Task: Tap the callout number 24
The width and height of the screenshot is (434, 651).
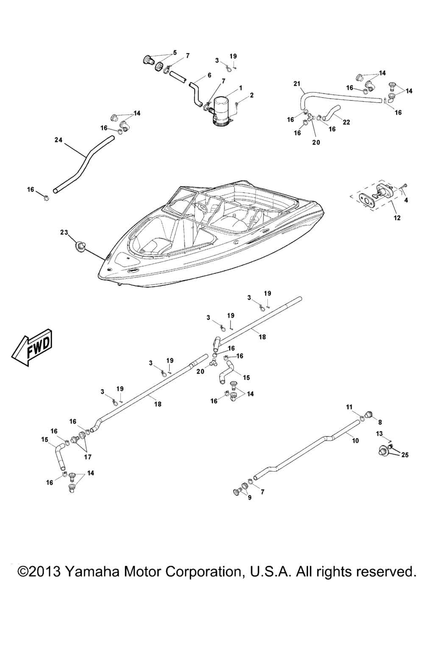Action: pos(58,140)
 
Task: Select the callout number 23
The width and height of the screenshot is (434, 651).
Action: pos(64,232)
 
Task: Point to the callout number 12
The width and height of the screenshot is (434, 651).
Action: pos(397,218)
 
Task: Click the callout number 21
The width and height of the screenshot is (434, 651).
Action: pos(297,83)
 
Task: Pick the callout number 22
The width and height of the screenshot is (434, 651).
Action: pos(346,122)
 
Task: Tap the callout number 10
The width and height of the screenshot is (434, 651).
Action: pos(355,440)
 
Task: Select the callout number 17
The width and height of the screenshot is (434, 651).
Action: pos(87,457)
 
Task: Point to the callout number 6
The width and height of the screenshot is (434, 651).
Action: pos(209,75)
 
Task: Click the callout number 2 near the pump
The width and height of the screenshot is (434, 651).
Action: pos(252,95)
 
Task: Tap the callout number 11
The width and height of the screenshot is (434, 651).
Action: pos(349,407)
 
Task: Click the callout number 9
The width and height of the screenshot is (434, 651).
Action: pos(250,498)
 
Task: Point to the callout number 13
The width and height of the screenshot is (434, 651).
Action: pos(379,433)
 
